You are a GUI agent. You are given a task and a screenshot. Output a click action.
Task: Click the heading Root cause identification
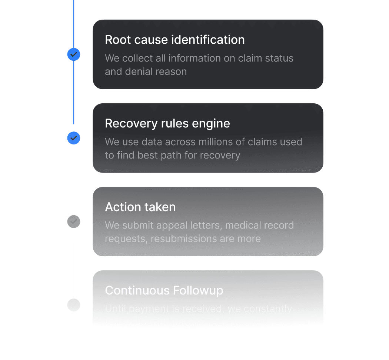174,40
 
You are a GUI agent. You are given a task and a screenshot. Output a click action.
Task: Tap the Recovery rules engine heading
167,123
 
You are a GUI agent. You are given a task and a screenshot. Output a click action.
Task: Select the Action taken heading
140,207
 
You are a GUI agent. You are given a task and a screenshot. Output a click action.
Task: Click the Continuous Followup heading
164,290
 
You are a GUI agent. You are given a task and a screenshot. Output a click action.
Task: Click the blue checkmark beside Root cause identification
74,54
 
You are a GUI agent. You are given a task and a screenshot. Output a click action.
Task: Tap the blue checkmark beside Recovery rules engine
74,138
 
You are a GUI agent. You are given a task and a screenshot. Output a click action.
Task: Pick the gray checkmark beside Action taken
74,221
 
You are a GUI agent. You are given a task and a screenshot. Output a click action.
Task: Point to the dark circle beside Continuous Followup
74,305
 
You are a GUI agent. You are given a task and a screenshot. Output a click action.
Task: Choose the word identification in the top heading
208,40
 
